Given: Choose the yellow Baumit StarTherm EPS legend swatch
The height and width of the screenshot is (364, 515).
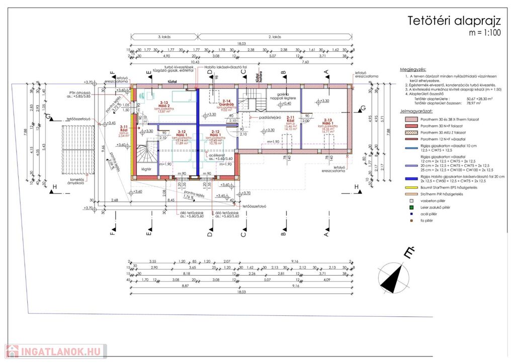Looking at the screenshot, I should [x=412, y=187].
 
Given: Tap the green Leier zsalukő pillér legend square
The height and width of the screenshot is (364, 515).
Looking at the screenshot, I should [x=411, y=207].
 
